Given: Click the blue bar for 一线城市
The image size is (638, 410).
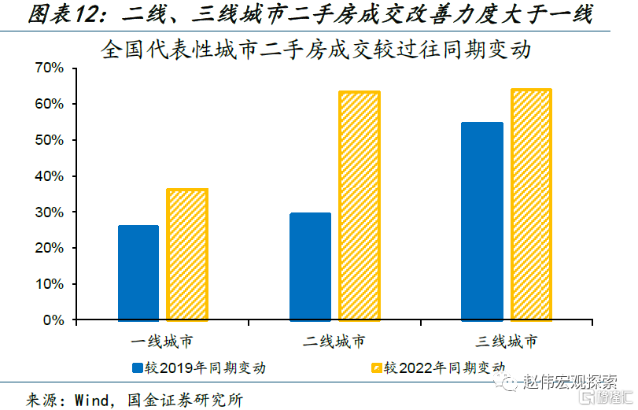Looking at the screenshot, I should point(138,273).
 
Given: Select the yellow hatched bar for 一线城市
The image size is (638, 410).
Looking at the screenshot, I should point(187,255).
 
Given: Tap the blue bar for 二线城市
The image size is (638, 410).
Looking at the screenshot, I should point(310,267).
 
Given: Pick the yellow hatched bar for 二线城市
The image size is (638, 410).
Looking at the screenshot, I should point(360,206).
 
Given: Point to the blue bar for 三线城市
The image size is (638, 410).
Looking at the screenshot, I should point(482,221).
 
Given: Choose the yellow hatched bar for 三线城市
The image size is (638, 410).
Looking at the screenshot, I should point(531,205).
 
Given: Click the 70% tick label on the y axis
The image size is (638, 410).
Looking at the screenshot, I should point(50,68).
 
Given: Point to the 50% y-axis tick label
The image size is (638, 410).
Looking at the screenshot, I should point(50,140).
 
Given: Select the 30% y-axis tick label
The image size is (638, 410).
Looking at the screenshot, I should point(50,212).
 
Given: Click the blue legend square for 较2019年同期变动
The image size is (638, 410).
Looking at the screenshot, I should point(136,368).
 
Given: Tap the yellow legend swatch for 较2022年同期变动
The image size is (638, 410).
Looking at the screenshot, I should point(376,368).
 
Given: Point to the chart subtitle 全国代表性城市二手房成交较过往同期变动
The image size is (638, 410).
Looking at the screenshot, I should point(317,50).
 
